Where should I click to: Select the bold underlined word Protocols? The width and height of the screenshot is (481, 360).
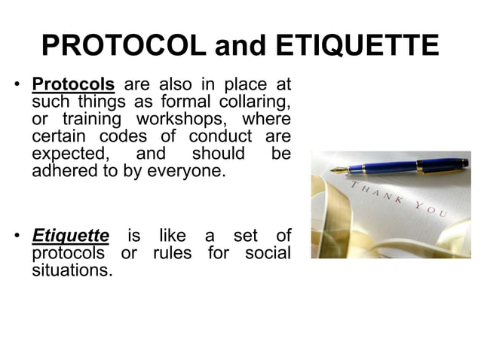(x=72, y=83)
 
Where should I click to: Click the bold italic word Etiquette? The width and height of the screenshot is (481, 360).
(x=70, y=236)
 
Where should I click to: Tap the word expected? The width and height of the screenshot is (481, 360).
(x=69, y=154)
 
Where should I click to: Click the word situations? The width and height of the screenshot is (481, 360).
(x=72, y=270)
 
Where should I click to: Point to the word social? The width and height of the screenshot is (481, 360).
(x=268, y=253)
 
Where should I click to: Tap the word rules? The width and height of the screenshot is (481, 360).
(x=172, y=253)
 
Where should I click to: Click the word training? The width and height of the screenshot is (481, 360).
(x=88, y=119)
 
